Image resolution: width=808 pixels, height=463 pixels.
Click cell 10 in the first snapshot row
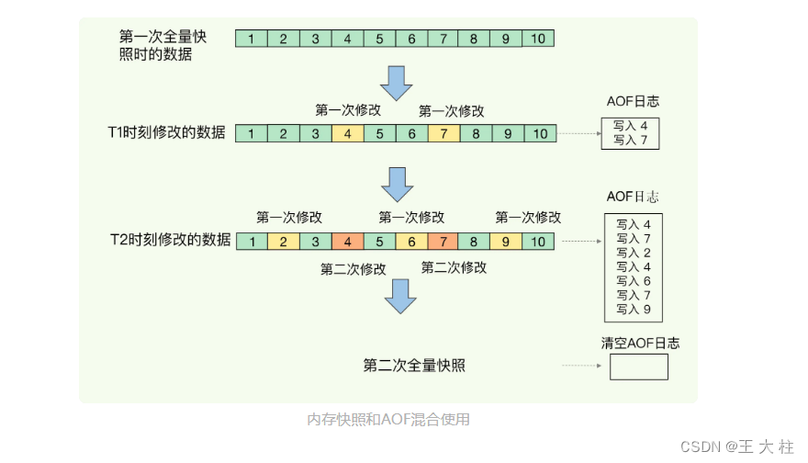click(x=539, y=39)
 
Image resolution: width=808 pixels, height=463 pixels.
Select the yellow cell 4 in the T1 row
click(x=347, y=133)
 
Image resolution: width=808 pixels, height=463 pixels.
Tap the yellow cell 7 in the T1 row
click(x=443, y=133)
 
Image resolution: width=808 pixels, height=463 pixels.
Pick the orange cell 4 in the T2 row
click(x=347, y=242)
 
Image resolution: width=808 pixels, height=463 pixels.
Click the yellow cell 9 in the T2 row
click(x=507, y=242)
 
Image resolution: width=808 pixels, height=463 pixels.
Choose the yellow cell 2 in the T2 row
click(x=284, y=242)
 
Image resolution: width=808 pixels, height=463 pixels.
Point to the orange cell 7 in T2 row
click(x=443, y=242)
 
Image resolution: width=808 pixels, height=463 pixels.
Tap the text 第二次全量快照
click(x=414, y=366)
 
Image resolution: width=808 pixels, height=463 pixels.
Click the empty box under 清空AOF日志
click(x=638, y=367)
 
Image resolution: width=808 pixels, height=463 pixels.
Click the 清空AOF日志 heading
click(x=640, y=344)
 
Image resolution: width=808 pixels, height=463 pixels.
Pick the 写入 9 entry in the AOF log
click(x=634, y=310)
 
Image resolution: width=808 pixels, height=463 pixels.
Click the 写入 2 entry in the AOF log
click(x=634, y=253)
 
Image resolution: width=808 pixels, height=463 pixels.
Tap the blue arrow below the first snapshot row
click(x=398, y=82)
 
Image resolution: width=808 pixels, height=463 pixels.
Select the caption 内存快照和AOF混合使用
click(x=388, y=420)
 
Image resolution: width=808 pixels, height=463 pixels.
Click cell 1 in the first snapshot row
click(x=252, y=39)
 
